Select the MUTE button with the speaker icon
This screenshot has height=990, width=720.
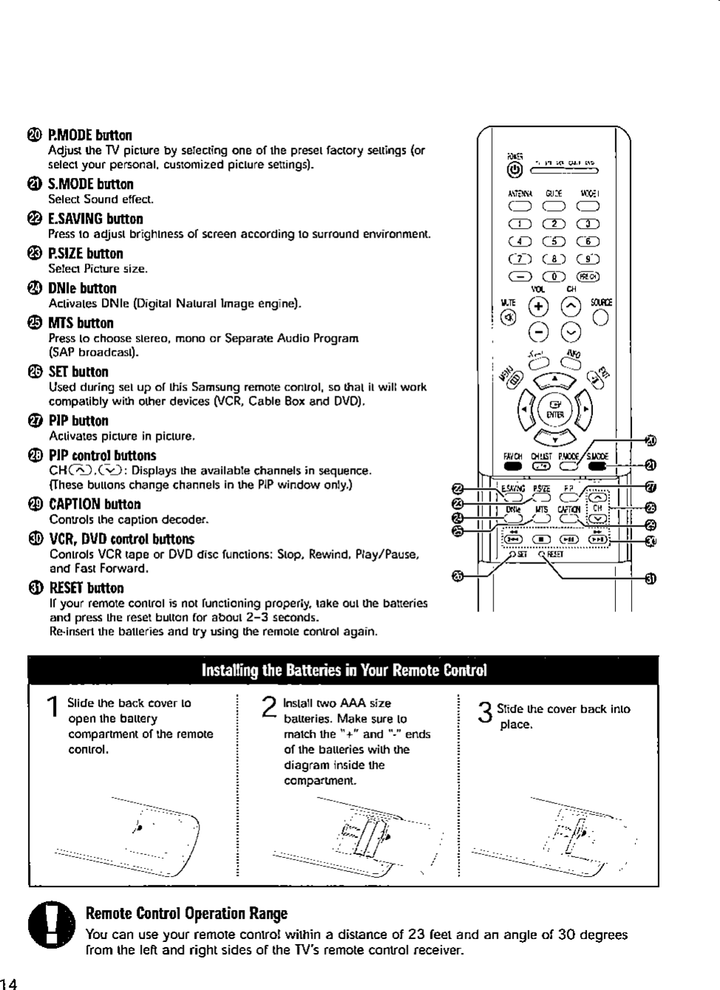pyautogui.click(x=507, y=317)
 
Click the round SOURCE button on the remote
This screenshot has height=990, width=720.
pyautogui.click(x=600, y=317)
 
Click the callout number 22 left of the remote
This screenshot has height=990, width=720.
pyautogui.click(x=457, y=489)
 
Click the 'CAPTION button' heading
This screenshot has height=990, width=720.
pyautogui.click(x=95, y=504)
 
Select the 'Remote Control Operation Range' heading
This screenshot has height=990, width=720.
pyautogui.click(x=186, y=914)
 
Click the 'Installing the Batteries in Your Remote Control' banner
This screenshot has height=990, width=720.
pyautogui.click(x=343, y=670)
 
